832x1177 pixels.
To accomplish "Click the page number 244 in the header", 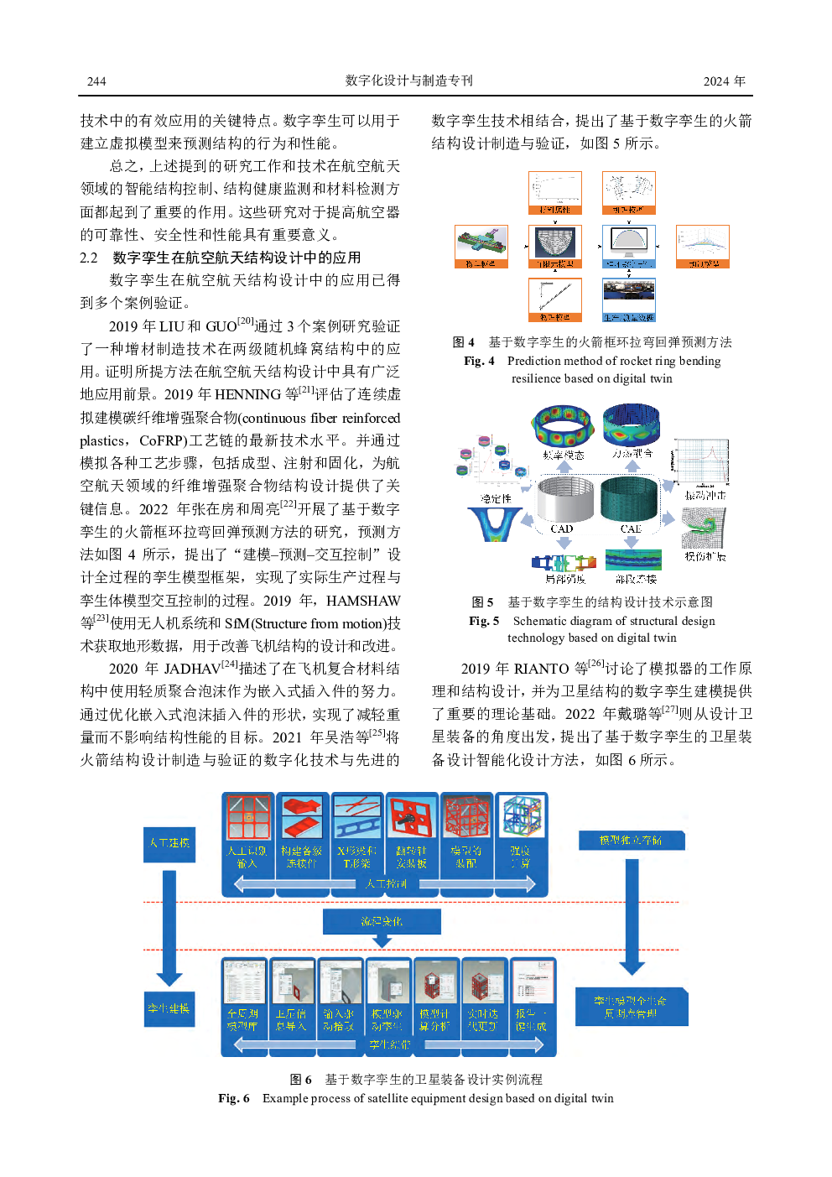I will pos(96,81).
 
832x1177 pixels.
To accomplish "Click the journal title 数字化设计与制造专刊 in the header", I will pos(408,81).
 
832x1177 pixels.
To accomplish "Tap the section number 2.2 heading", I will pos(89,258).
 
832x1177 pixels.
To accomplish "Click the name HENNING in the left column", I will pos(247,394).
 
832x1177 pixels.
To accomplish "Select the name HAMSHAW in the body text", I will pos(362,601).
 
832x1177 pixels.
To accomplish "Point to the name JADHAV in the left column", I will pos(191,669).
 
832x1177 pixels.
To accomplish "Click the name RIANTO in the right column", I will pos(541,669).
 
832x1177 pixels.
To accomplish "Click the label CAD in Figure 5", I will pos(561,529).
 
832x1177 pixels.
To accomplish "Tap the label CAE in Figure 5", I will pos(631,529).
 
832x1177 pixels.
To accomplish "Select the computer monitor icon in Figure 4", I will pos(628,244).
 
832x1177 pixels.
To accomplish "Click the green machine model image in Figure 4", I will pos(481,242).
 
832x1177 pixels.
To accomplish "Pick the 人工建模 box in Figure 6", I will pos(169,842).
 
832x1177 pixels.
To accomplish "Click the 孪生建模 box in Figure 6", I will pos(169,1008).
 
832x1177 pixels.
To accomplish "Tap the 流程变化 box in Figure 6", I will pos(382,921).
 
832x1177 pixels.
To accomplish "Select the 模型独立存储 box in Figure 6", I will pos(631,840).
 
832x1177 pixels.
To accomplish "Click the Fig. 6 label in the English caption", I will pos(233,1098).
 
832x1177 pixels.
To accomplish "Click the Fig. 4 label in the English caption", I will pos(479,361).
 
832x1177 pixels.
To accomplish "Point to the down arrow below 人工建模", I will pos(169,927).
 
